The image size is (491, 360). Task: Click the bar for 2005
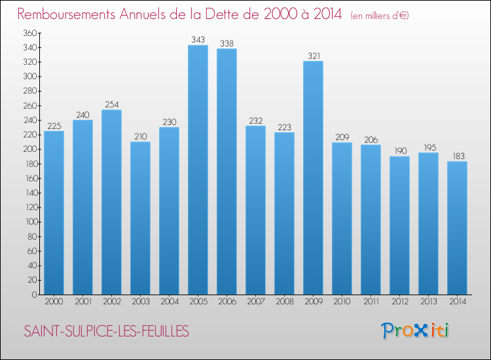198,170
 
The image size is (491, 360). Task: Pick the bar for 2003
140,218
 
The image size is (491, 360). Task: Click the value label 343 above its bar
198,40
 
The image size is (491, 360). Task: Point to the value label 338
227,43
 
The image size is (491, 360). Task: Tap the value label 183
457,156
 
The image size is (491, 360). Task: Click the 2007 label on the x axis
255,302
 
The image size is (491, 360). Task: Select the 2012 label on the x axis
399,302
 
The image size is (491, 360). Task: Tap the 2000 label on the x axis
54,302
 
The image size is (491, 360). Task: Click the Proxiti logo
414,331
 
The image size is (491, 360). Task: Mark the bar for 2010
342,219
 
